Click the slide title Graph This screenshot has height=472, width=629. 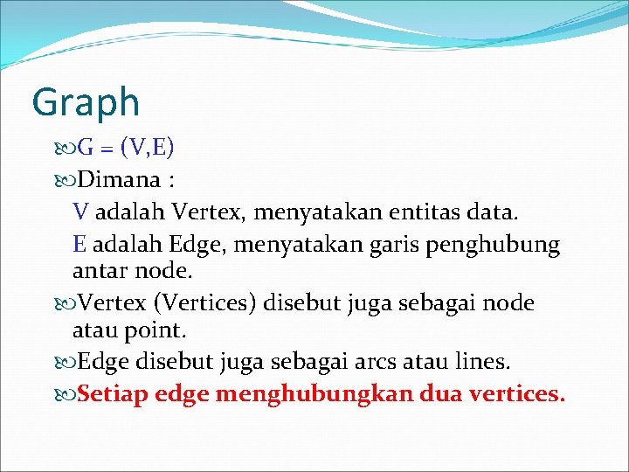pyautogui.click(x=85, y=102)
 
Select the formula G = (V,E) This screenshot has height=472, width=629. pyautogui.click(x=126, y=148)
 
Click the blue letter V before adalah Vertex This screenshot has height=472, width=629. pyautogui.click(x=80, y=212)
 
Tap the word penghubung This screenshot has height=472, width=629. pyautogui.click(x=492, y=246)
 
